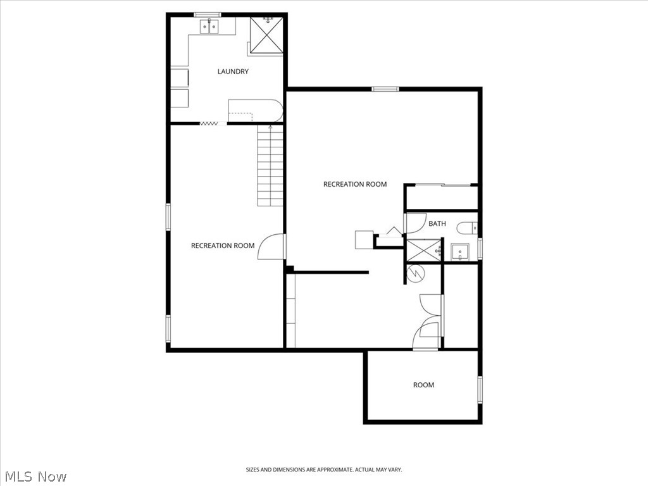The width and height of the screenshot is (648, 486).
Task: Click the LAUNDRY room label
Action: pyautogui.click(x=233, y=72)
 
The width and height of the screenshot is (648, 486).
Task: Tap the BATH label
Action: pyautogui.click(x=437, y=223)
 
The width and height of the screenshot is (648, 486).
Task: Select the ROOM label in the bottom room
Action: pyautogui.click(x=423, y=385)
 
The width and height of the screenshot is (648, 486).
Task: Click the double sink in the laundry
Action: pyautogui.click(x=209, y=27)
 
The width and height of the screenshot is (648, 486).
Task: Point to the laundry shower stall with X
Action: pyautogui.click(x=266, y=35)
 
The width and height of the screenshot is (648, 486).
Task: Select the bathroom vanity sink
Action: pyautogui.click(x=460, y=252)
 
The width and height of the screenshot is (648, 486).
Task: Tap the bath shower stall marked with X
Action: pyautogui.click(x=423, y=249)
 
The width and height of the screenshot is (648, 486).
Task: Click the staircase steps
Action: pyautogui.click(x=270, y=166)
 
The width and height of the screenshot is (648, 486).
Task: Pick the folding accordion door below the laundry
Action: pyautogui.click(x=209, y=123)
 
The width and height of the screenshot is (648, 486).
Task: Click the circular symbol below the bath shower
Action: pyautogui.click(x=415, y=273)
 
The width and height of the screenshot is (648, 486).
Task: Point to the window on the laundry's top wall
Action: pyautogui.click(x=208, y=15)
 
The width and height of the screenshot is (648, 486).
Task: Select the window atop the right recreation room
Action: pyautogui.click(x=385, y=89)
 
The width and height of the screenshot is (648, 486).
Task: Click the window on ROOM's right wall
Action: pyautogui.click(x=480, y=389)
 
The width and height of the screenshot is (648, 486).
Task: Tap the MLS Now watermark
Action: pyautogui.click(x=34, y=477)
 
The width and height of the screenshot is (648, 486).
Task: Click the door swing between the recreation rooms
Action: pyautogui.click(x=271, y=247)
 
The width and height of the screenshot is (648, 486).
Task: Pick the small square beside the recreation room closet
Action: pyautogui.click(x=364, y=240)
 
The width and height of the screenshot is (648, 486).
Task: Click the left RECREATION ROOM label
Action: pyautogui.click(x=223, y=246)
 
